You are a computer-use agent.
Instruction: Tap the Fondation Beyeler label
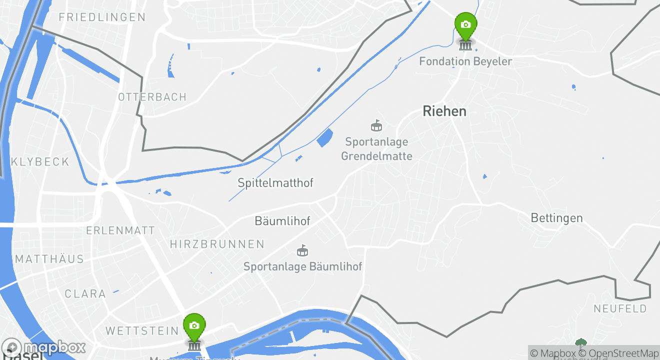(465, 61)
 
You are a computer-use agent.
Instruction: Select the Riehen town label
(444, 111)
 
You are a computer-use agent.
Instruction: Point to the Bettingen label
(556, 218)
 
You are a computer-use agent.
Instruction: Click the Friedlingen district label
(102, 17)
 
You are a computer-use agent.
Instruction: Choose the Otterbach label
(152, 96)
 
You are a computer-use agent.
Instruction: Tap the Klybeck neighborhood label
(40, 161)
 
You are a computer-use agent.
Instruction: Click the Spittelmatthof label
(275, 183)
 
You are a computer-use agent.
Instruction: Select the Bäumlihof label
(282, 220)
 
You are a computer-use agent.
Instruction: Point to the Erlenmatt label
(120, 230)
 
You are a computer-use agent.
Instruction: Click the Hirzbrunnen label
(217, 244)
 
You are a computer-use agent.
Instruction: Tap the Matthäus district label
(49, 259)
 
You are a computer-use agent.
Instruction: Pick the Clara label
(85, 293)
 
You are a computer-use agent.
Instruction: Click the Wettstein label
(142, 330)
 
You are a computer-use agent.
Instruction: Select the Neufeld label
(620, 308)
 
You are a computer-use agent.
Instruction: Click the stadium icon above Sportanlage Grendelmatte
(376, 125)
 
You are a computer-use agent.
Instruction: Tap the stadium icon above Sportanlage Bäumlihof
(302, 250)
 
